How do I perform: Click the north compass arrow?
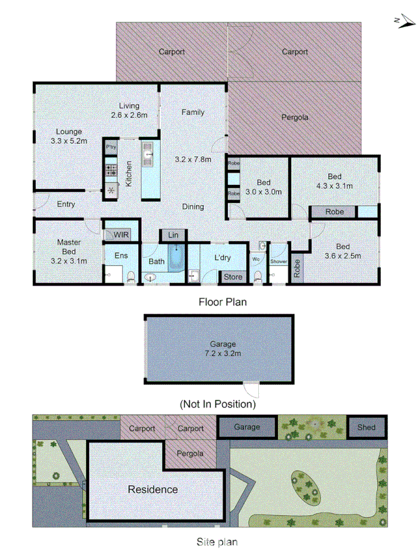point(406,22)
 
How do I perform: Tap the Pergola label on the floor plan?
point(295,117)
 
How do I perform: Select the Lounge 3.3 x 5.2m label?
point(68,136)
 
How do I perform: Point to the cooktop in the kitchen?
point(111,170)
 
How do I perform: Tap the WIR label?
point(121,235)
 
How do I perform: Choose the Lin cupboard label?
point(174,235)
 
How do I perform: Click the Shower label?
point(279,262)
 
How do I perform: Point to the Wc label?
point(256,258)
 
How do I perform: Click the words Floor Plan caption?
point(223,302)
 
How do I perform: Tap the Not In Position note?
point(218,404)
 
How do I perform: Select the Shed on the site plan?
point(366,427)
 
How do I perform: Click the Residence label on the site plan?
point(152,490)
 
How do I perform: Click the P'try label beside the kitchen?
point(111,147)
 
